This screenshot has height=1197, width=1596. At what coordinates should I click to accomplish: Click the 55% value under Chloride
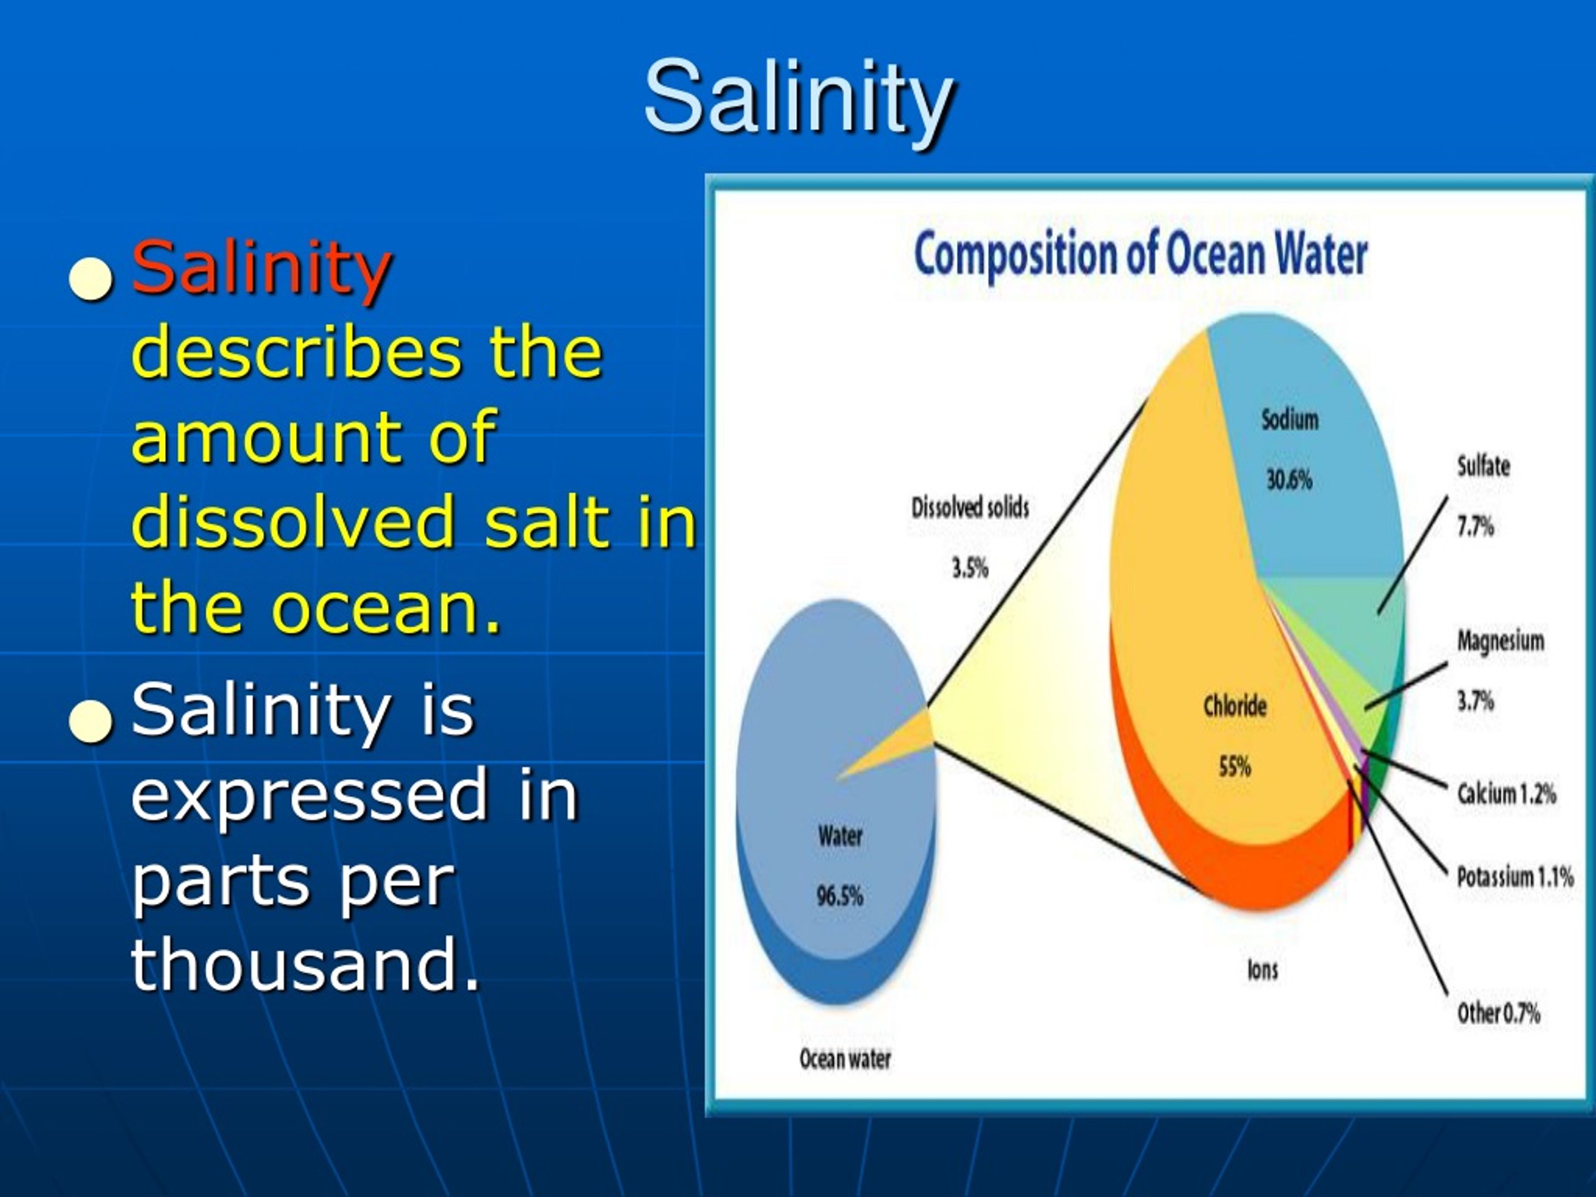(1234, 766)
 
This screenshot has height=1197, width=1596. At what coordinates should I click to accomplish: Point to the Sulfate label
(1483, 466)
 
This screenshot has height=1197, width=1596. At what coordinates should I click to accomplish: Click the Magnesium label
(1500, 641)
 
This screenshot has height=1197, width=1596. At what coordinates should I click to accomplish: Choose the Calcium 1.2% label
(1506, 794)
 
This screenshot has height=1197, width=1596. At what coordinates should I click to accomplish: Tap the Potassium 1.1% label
(1514, 877)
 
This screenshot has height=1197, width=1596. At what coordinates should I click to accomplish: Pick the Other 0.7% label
(1498, 1013)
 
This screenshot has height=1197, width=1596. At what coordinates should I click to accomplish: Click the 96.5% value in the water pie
(839, 896)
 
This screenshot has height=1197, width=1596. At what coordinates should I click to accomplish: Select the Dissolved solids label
(969, 508)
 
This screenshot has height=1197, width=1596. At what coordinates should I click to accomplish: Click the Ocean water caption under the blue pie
(844, 1059)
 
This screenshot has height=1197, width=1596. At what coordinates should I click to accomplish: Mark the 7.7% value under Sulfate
(1475, 527)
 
